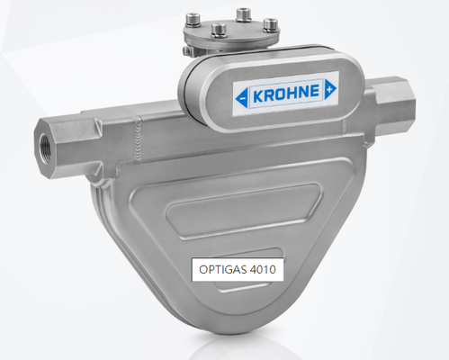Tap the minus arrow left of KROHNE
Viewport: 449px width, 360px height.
pos(241,94)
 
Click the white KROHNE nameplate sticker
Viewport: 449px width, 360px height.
pos(284,93)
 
